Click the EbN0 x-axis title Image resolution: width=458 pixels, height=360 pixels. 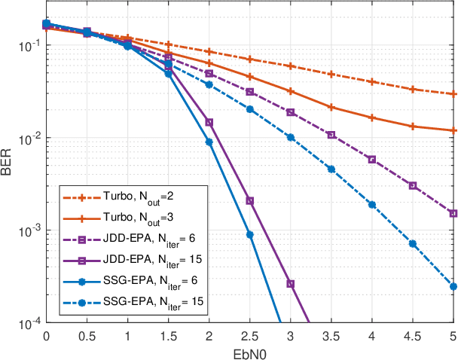tap(249, 352)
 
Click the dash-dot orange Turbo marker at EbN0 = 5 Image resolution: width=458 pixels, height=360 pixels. tap(453, 94)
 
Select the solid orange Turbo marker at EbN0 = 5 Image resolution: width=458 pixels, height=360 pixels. tap(453, 130)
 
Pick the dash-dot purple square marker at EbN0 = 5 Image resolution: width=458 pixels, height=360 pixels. tap(453, 213)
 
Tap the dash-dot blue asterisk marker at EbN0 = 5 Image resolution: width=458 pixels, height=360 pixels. tap(453, 286)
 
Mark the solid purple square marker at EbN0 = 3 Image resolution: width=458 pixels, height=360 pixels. tap(290, 284)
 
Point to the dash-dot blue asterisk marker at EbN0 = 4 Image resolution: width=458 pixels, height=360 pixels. tap(371, 204)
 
